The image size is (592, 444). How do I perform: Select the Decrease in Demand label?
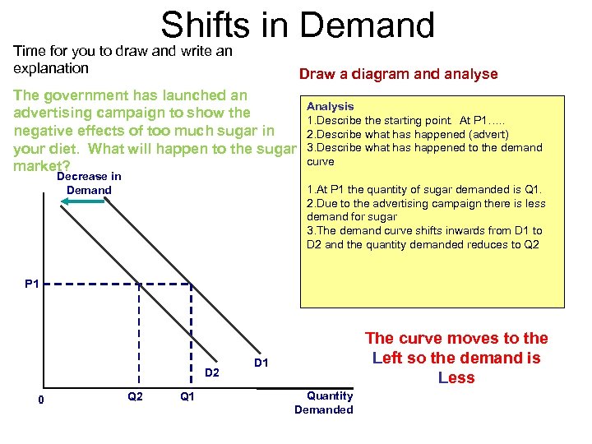point(89,183)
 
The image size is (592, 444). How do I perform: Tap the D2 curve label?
point(211,373)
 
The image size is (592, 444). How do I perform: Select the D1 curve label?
point(261,363)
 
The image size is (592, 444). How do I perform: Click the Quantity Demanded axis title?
point(323,403)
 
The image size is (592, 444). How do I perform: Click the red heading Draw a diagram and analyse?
point(398,74)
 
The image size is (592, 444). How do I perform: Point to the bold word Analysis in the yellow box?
point(330,106)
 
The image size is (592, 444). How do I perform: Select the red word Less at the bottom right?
point(456,377)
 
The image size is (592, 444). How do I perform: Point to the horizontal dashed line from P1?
point(123,284)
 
